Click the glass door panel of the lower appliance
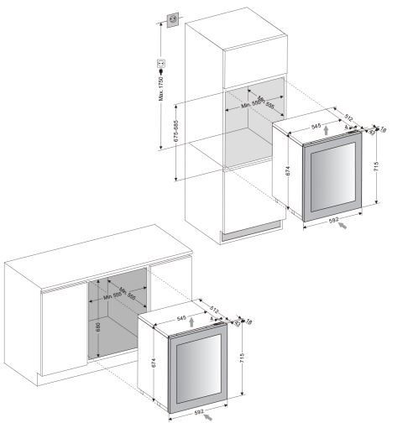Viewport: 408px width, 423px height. (198, 369)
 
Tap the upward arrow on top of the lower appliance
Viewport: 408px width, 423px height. (191, 321)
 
